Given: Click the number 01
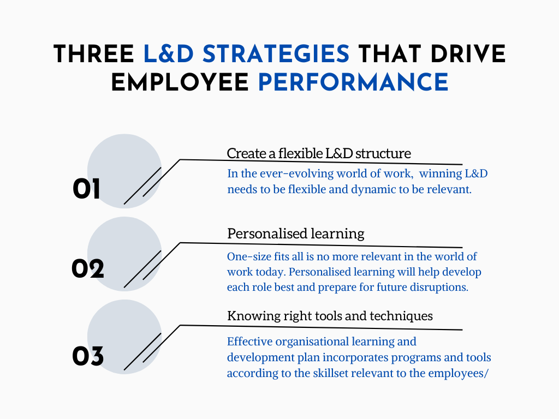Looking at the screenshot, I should [x=86, y=190].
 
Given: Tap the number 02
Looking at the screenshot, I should [x=87, y=269].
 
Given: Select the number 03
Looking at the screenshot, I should [x=87, y=357].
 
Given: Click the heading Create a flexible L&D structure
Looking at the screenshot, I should [x=319, y=153].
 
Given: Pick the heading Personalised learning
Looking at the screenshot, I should [x=295, y=234].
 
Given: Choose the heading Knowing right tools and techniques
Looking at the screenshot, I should [x=330, y=316].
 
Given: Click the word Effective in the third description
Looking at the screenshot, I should [x=249, y=342].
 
